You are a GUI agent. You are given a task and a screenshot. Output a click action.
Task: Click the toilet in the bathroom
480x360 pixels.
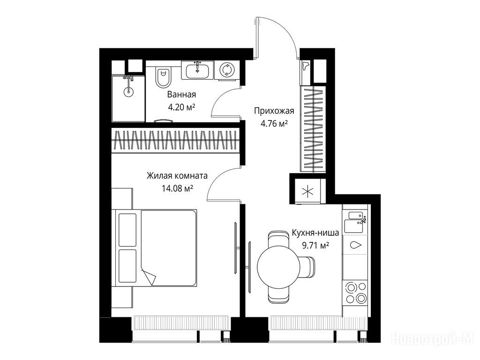coord(163,75)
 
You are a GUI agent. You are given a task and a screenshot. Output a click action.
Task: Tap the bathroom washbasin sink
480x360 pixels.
coord(197,70)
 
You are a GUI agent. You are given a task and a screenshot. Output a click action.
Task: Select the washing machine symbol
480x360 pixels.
coord(226,70)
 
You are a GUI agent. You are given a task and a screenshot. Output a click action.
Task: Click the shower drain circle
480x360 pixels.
coord(128,91)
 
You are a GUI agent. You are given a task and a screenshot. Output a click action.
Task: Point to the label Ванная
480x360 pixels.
coord(181,95)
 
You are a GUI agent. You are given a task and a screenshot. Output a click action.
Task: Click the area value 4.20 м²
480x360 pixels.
coord(181,107)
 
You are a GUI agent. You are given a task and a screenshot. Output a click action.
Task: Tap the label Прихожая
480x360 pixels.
coord(274,111)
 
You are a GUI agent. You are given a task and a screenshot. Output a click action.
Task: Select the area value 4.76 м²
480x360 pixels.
coord(274,124)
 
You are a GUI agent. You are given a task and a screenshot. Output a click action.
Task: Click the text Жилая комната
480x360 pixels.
coord(177,176)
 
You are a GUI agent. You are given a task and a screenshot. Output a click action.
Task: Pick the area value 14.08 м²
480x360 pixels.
coord(177,188)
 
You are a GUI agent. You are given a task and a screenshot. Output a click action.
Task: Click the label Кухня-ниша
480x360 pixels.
coord(315,233)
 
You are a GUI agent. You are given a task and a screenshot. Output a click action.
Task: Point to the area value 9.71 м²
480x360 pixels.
coord(315,246)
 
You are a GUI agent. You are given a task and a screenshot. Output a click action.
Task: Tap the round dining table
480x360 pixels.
coord(278,266)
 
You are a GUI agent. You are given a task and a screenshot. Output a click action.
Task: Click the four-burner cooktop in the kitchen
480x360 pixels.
coord(356,292)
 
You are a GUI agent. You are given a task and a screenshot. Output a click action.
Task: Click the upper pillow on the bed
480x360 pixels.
coord(127,230)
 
